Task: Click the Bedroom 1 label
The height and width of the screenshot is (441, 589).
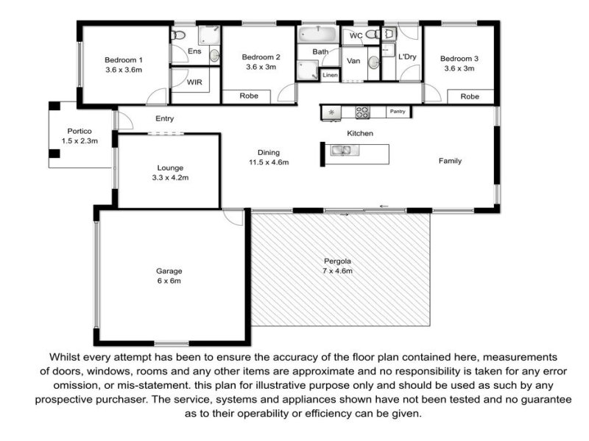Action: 124,60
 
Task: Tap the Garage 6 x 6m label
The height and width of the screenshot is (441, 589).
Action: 169,276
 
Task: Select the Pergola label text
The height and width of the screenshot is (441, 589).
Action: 337,262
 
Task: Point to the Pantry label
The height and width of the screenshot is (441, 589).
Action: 398,112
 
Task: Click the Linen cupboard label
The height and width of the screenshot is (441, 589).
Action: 330,75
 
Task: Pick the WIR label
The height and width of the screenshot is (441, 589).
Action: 194,82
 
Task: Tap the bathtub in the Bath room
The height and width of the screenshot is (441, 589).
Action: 318,34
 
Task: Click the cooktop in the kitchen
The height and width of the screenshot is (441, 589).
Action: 363,112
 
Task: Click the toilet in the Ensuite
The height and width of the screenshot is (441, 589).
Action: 178,35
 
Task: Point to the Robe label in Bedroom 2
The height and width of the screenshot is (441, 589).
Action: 249,96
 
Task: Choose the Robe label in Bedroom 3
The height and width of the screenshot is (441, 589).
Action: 470,96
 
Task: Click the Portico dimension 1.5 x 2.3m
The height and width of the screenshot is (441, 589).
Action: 80,141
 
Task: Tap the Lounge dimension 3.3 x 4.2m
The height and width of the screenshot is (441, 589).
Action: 170,178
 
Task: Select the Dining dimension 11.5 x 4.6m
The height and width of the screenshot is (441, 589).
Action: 269,162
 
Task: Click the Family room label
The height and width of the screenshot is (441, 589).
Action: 450,161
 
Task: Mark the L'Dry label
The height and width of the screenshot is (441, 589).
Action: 407,57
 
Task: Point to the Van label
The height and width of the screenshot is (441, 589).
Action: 353,61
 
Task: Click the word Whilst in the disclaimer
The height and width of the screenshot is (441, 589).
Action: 65,357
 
